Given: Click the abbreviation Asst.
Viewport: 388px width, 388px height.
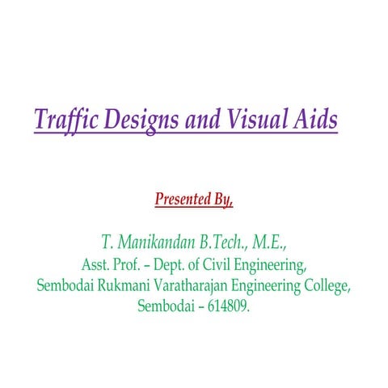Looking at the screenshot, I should (96, 264).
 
